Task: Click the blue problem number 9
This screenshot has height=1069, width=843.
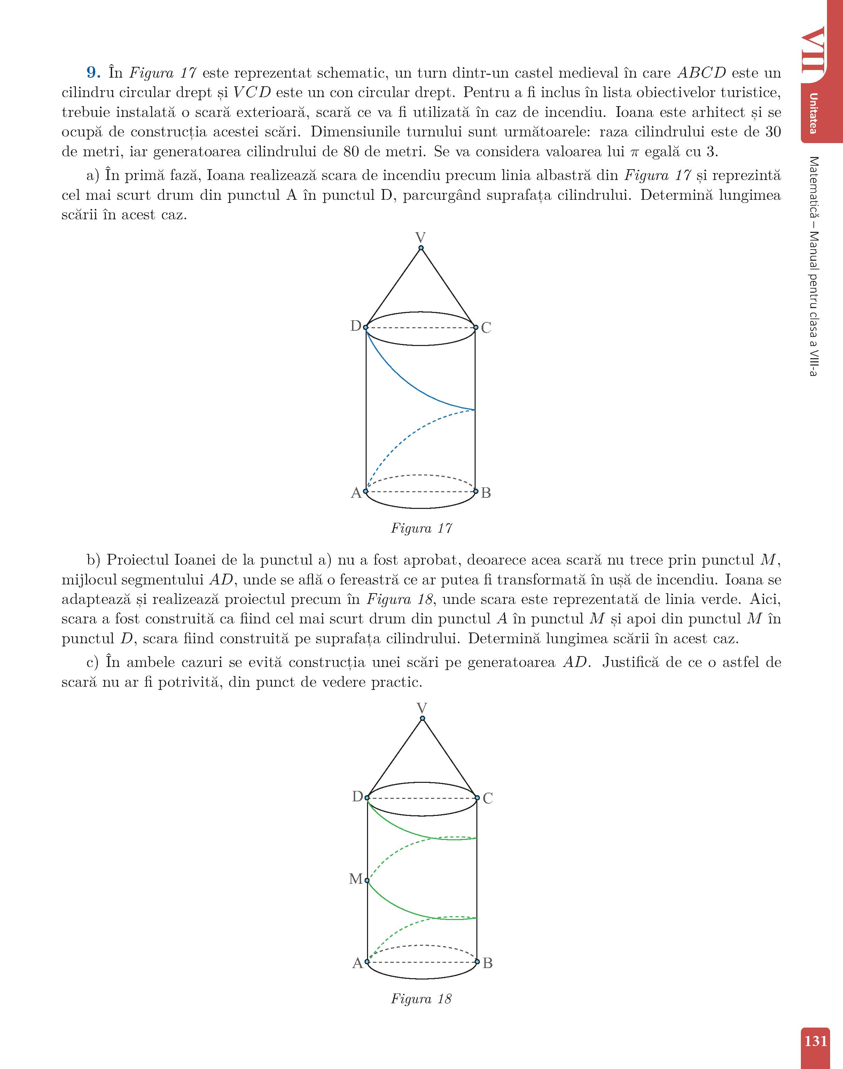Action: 94,73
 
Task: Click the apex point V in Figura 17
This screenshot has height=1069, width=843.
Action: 421,247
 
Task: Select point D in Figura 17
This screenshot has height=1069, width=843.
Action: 366,327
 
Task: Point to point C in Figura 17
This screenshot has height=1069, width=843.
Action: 475,327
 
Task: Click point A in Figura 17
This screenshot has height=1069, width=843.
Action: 366,491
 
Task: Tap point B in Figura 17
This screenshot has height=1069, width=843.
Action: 476,491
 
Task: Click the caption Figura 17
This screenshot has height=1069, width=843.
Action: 421,528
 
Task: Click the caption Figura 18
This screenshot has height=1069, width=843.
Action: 421,999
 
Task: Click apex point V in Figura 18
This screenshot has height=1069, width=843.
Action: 422,718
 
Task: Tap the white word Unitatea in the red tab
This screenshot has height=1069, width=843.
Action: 813,113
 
